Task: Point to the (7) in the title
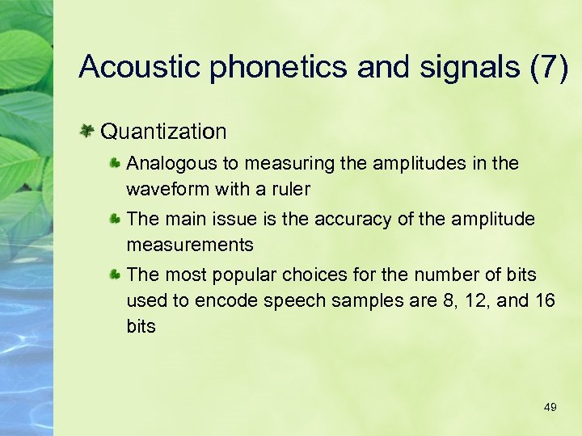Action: [549, 67]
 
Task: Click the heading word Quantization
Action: [164, 130]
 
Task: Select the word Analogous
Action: [172, 163]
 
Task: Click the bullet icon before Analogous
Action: [116, 163]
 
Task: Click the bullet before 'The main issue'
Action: [116, 219]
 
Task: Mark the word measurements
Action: [190, 245]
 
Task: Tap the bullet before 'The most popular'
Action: [116, 275]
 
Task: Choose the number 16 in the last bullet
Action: [545, 300]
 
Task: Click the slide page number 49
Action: [550, 408]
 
